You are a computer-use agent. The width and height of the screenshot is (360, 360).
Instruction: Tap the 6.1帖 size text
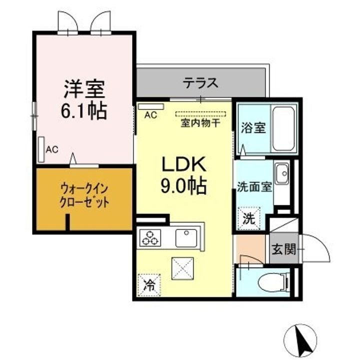[84, 111]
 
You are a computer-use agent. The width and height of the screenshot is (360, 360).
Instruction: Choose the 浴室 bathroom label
[252, 127]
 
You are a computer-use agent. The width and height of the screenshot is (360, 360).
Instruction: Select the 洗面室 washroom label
[254, 187]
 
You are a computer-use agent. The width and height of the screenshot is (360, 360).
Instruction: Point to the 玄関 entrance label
[282, 248]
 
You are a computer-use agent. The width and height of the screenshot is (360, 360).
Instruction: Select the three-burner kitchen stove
[150, 237]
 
